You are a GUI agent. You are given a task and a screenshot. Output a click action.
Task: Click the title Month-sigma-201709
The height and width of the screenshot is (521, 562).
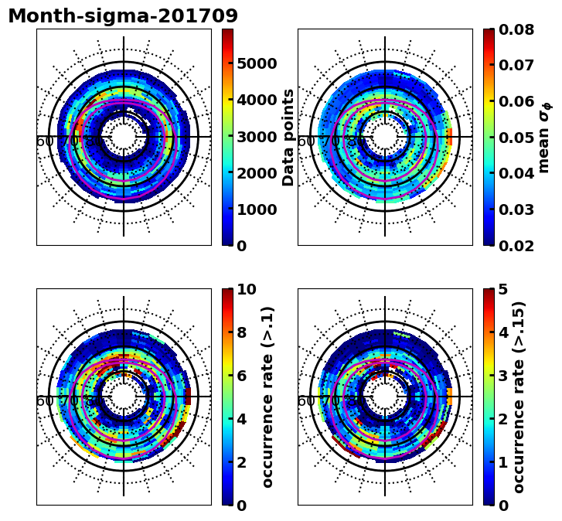123,16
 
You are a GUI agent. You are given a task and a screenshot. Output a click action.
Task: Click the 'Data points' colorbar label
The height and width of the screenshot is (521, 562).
289,137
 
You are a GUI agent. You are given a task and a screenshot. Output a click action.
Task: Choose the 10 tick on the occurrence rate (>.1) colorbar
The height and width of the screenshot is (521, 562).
247,289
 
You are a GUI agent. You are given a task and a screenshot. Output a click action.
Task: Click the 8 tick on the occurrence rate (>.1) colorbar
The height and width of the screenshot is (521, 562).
241,332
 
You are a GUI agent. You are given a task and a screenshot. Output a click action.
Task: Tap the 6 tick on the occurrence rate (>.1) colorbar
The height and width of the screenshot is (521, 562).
241,376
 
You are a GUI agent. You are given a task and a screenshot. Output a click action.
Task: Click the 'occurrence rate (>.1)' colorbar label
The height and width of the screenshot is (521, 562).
267,397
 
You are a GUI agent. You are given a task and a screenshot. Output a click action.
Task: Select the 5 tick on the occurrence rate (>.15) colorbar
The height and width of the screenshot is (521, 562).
502,289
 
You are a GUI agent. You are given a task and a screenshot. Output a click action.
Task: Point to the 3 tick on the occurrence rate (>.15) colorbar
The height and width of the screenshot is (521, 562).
502,376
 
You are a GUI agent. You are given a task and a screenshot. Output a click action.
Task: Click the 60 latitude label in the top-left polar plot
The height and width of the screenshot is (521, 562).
46,141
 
